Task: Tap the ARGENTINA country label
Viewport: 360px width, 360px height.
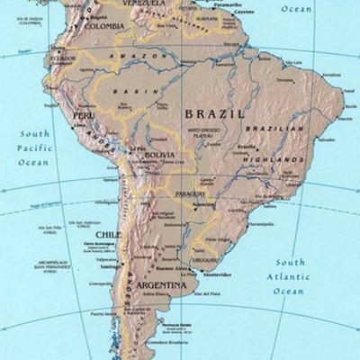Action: pyautogui.click(x=163, y=287)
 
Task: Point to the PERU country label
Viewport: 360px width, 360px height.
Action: pyautogui.click(x=84, y=116)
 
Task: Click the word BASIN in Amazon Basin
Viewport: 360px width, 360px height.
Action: pyautogui.click(x=130, y=90)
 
